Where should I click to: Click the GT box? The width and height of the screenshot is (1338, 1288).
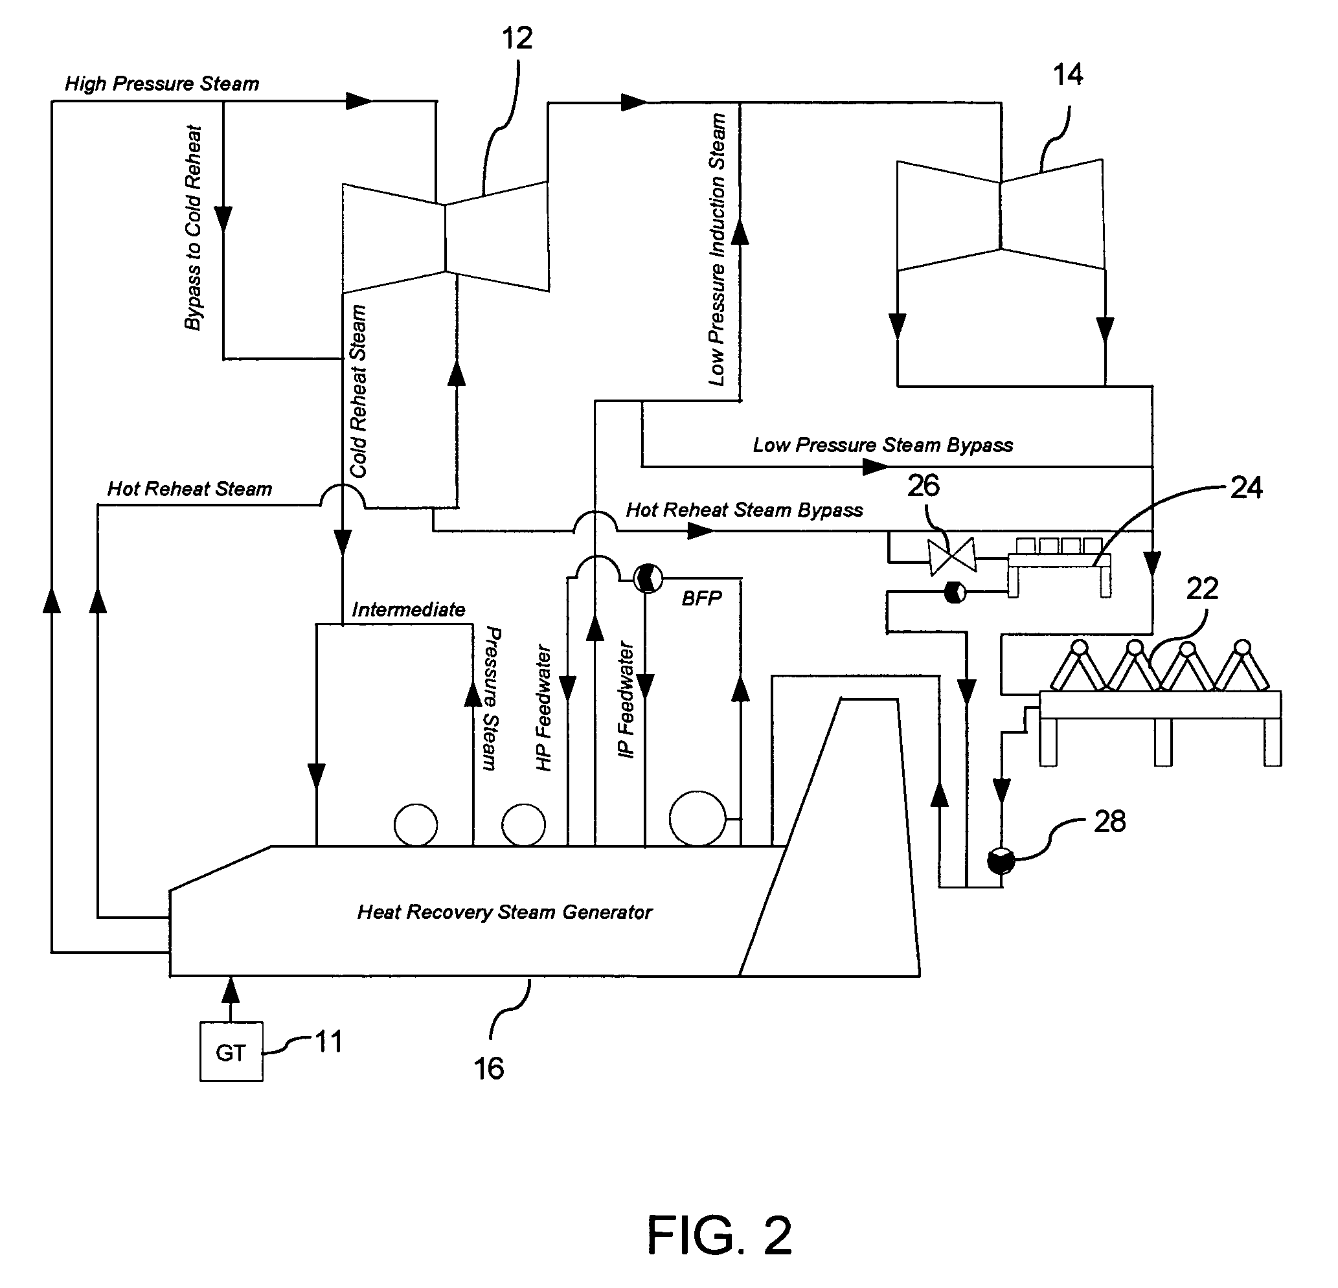[x=231, y=1052]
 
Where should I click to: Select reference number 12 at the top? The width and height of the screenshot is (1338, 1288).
[x=517, y=39]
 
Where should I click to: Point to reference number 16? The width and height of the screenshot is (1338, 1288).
[x=489, y=1069]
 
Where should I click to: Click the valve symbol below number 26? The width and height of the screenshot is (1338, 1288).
[x=951, y=556]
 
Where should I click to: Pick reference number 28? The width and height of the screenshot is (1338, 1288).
[x=1109, y=822]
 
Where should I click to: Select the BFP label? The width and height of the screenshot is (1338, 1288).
[x=702, y=598]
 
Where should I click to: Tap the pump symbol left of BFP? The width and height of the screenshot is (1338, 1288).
[x=647, y=579]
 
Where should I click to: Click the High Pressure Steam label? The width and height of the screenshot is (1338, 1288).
[x=162, y=84]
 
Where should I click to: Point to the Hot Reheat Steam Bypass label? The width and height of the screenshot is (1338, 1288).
[x=744, y=510]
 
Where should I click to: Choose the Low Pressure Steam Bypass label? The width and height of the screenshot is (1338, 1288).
[x=882, y=445]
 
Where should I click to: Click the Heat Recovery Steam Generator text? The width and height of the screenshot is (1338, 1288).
[x=505, y=912]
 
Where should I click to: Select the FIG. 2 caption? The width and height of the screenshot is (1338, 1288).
[x=719, y=1236]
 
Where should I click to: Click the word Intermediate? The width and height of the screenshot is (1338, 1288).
[x=408, y=609]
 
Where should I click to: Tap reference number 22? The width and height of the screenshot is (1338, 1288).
[x=1202, y=589]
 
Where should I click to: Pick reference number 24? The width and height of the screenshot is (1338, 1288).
[x=1246, y=488]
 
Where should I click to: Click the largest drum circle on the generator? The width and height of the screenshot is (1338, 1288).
[x=697, y=819]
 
